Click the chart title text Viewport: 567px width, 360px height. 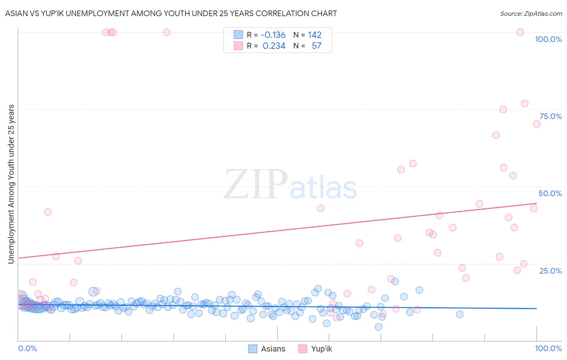[171, 13]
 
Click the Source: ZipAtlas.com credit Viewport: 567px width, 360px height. [531, 13]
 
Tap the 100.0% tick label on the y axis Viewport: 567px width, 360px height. [548, 39]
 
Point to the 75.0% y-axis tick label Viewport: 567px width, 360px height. [550, 116]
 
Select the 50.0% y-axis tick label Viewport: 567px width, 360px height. [550, 193]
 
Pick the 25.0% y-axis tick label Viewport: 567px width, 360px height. [550, 270]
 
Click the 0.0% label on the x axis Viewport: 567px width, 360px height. [27, 348]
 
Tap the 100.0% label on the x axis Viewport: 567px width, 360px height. [548, 348]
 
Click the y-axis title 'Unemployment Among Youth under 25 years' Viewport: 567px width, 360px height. [11, 184]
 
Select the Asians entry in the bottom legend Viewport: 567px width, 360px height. [273, 349]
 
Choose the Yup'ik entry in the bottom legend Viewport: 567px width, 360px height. [321, 349]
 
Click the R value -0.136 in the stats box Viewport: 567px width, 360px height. [273, 35]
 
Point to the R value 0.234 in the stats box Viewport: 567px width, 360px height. [274, 46]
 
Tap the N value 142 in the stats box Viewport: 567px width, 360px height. [315, 35]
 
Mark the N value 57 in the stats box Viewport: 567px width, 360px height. [316, 46]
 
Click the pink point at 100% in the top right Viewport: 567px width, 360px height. [520, 32]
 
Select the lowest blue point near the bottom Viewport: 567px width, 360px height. [378, 327]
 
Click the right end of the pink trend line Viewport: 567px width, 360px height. [537, 203]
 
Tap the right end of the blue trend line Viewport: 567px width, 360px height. [537, 308]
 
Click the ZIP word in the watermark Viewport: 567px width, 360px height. [256, 184]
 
